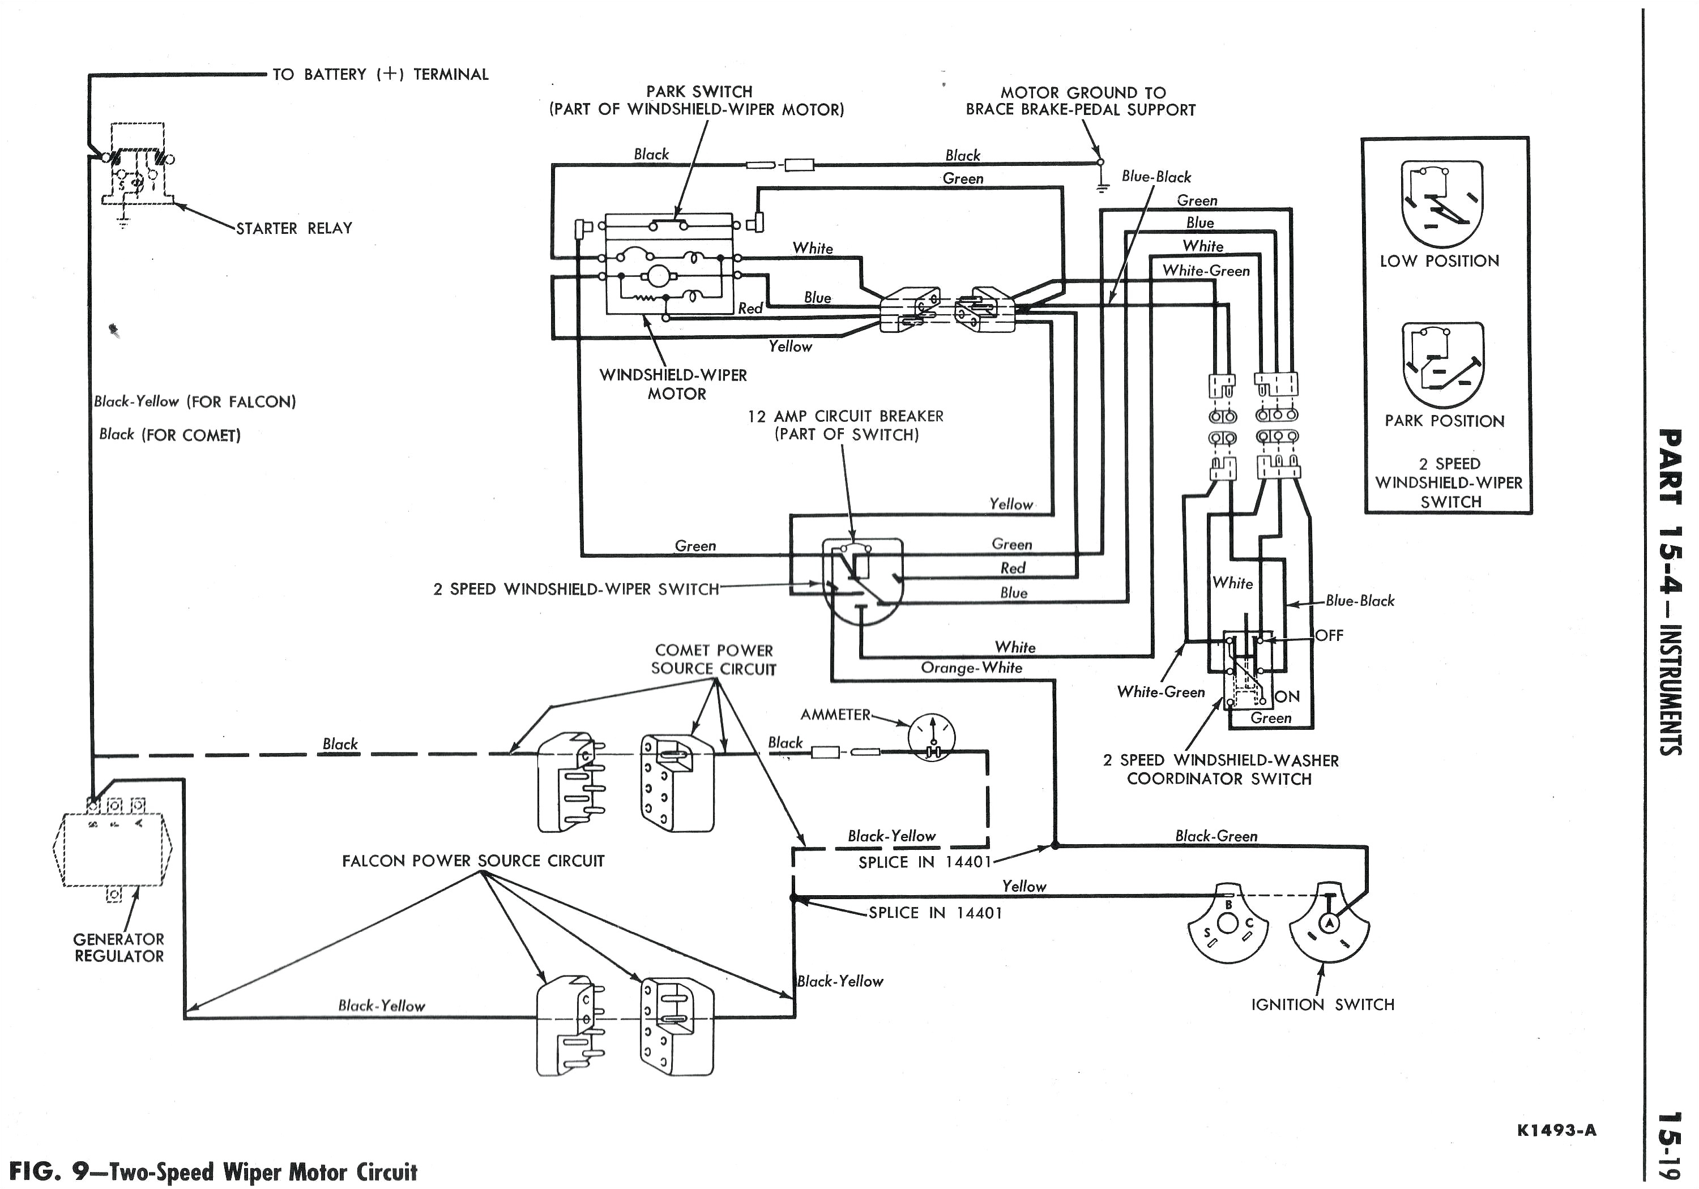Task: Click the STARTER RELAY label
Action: (x=294, y=229)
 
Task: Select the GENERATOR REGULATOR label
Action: (x=118, y=948)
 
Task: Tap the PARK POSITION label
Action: (x=1445, y=421)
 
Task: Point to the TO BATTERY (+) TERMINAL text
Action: (x=381, y=75)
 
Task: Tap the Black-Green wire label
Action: (x=1216, y=837)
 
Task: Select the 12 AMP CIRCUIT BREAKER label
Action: (x=846, y=425)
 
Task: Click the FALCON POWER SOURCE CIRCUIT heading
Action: (x=473, y=861)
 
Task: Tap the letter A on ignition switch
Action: (x=1329, y=923)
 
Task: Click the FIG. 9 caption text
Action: (x=213, y=1173)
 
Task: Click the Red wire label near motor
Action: (x=750, y=309)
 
